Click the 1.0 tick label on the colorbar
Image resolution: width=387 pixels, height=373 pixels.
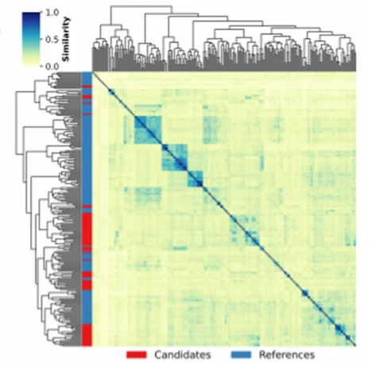point(52,12)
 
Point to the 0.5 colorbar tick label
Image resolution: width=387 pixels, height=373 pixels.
point(52,40)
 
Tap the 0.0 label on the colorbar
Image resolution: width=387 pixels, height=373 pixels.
point(52,67)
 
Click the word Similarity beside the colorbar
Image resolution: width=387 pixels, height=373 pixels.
point(65,39)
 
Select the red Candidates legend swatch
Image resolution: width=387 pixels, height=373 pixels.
point(137,355)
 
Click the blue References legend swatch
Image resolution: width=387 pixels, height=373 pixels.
point(241,355)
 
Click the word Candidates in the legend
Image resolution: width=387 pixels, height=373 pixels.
point(183,355)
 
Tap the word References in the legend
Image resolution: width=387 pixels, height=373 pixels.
point(287,355)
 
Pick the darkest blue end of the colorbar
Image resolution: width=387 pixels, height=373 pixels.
point(31,14)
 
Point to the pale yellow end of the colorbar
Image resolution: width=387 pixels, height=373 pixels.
point(31,64)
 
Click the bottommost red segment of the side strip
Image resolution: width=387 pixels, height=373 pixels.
point(87,335)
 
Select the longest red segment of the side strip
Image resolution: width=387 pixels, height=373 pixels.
point(87,229)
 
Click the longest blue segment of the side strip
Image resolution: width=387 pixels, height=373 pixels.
point(87,160)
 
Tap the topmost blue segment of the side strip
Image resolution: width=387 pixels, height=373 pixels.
point(87,79)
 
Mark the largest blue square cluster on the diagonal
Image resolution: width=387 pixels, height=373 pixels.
point(148,130)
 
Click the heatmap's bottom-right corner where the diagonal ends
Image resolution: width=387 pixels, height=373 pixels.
point(356,346)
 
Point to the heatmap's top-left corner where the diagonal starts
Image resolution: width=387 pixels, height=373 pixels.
point(92,72)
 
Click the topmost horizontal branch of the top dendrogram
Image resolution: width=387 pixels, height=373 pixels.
point(141,6)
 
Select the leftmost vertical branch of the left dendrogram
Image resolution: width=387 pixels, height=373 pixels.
point(16,123)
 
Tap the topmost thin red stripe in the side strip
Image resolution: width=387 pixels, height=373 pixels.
point(87,87)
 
